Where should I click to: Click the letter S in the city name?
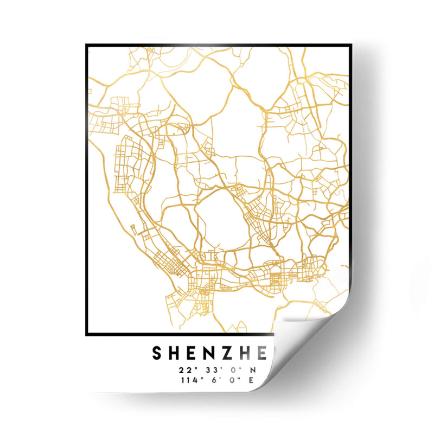point(156,354)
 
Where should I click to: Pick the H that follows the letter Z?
point(241,354)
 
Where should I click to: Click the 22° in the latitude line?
point(186,371)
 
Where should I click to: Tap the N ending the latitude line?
point(251,371)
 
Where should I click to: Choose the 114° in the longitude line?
point(187,380)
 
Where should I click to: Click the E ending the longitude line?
point(251,380)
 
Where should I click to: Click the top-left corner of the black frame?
point(87,45)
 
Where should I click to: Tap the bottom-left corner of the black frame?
point(87,335)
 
